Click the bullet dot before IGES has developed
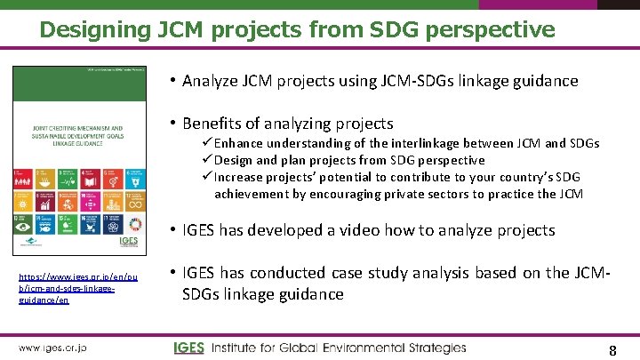172,230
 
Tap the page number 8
612,350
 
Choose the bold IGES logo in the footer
188,348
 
